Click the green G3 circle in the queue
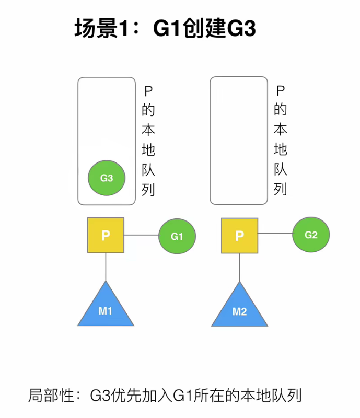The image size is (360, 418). click(107, 178)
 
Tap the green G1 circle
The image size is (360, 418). click(177, 236)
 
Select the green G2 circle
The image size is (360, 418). click(311, 235)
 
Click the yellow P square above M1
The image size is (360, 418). click(106, 235)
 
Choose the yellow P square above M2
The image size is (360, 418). click(240, 236)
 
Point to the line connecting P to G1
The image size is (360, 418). click(141, 236)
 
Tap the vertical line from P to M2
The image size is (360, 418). click(240, 267)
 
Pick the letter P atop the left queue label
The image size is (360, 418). click(148, 90)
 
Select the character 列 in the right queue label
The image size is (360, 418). click(281, 189)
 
